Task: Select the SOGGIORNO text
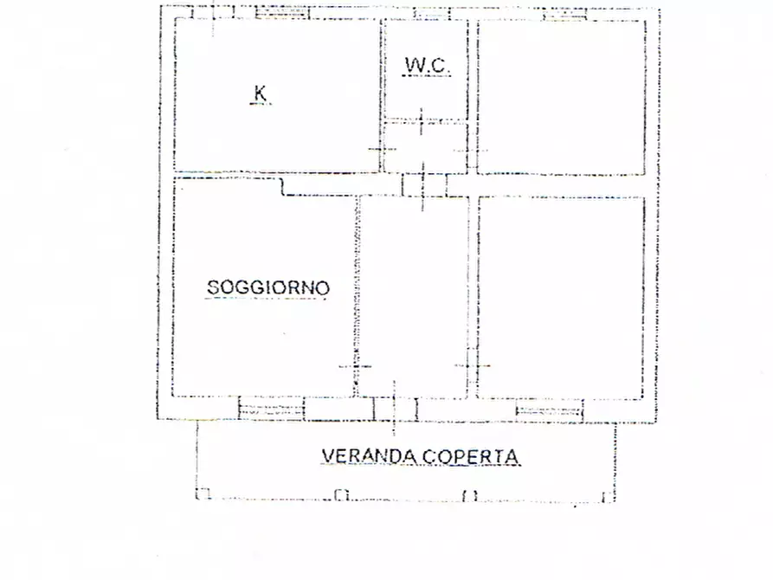tap(267, 287)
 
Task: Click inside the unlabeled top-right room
tap(561, 95)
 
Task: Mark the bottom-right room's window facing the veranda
tap(550, 409)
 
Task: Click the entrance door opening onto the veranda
tap(394, 409)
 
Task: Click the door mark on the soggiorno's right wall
tap(356, 366)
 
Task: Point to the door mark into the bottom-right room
tap(473, 366)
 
